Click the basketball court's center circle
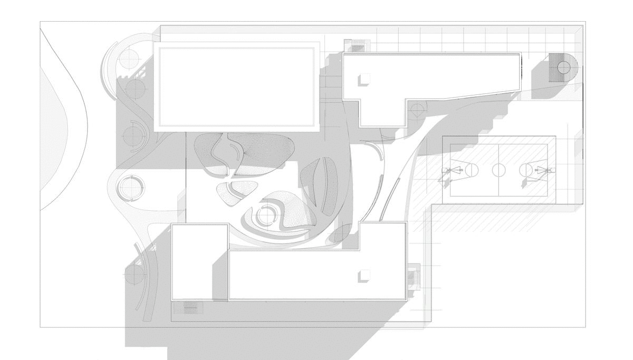(498, 170)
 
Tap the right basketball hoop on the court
(543, 170)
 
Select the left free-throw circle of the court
(471, 170)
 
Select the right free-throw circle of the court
(526, 170)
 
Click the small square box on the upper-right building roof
(363, 79)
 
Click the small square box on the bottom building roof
(363, 276)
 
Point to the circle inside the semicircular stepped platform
(564, 67)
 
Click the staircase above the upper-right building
(356, 45)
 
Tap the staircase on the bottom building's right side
(413, 276)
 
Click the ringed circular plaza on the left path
(130, 187)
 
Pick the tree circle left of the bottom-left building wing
(135, 274)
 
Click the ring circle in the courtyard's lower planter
(266, 215)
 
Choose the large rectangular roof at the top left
(237, 86)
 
